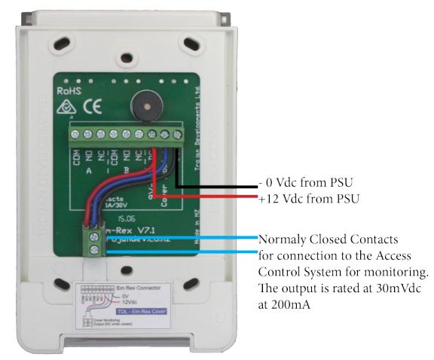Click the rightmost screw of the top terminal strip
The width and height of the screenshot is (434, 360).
(177, 135)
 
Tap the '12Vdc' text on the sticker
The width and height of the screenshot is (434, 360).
(135, 303)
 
